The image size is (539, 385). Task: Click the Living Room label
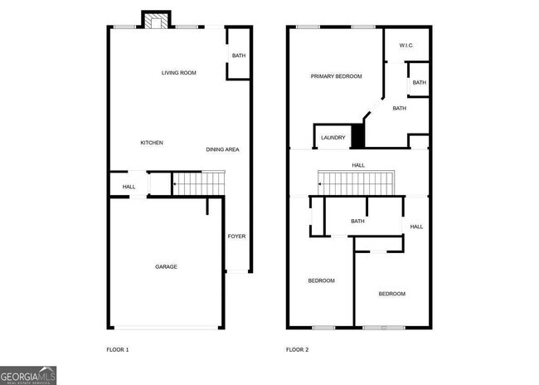(178, 73)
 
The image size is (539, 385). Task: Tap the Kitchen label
(151, 143)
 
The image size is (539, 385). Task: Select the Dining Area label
(222, 149)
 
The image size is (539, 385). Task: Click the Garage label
(166, 266)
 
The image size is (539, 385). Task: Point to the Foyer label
(237, 236)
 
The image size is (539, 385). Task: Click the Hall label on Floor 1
(129, 187)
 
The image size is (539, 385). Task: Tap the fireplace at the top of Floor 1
(153, 20)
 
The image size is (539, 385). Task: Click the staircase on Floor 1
(199, 182)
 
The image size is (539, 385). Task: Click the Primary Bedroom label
(336, 76)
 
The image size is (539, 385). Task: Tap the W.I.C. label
(406, 45)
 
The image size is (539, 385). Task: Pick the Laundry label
(333, 138)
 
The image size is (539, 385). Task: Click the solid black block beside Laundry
(358, 135)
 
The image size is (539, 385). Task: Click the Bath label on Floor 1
(239, 56)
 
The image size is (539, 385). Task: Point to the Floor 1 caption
(118, 349)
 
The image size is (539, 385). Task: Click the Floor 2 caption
(297, 349)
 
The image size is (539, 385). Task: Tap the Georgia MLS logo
(28, 374)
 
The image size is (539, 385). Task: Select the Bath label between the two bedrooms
(358, 221)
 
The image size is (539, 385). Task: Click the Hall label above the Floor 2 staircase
(358, 165)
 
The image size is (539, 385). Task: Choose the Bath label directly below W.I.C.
(419, 82)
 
